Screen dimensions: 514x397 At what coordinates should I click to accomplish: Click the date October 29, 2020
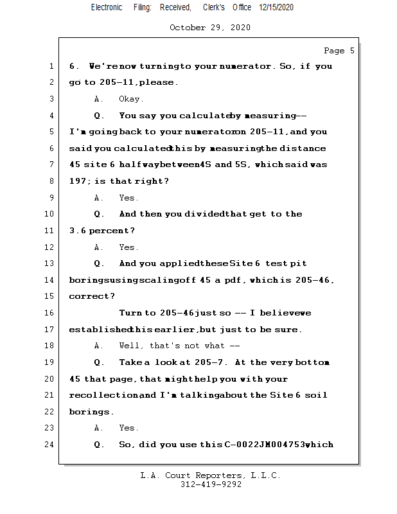point(209,28)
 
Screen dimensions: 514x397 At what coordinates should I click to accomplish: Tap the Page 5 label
point(339,51)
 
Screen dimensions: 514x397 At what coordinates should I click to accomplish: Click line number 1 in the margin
point(51,66)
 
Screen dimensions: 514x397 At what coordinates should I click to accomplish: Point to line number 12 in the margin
point(49,247)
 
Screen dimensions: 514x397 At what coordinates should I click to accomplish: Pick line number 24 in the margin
point(49,444)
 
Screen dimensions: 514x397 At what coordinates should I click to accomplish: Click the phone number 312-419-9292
point(210,484)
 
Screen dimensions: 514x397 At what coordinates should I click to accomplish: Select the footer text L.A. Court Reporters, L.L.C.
point(210,475)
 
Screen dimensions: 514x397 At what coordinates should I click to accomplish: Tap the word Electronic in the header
point(107,7)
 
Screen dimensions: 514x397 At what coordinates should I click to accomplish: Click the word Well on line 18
point(131,346)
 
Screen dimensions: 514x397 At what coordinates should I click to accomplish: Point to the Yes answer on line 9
point(128,198)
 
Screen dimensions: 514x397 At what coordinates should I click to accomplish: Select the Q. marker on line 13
point(99,263)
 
